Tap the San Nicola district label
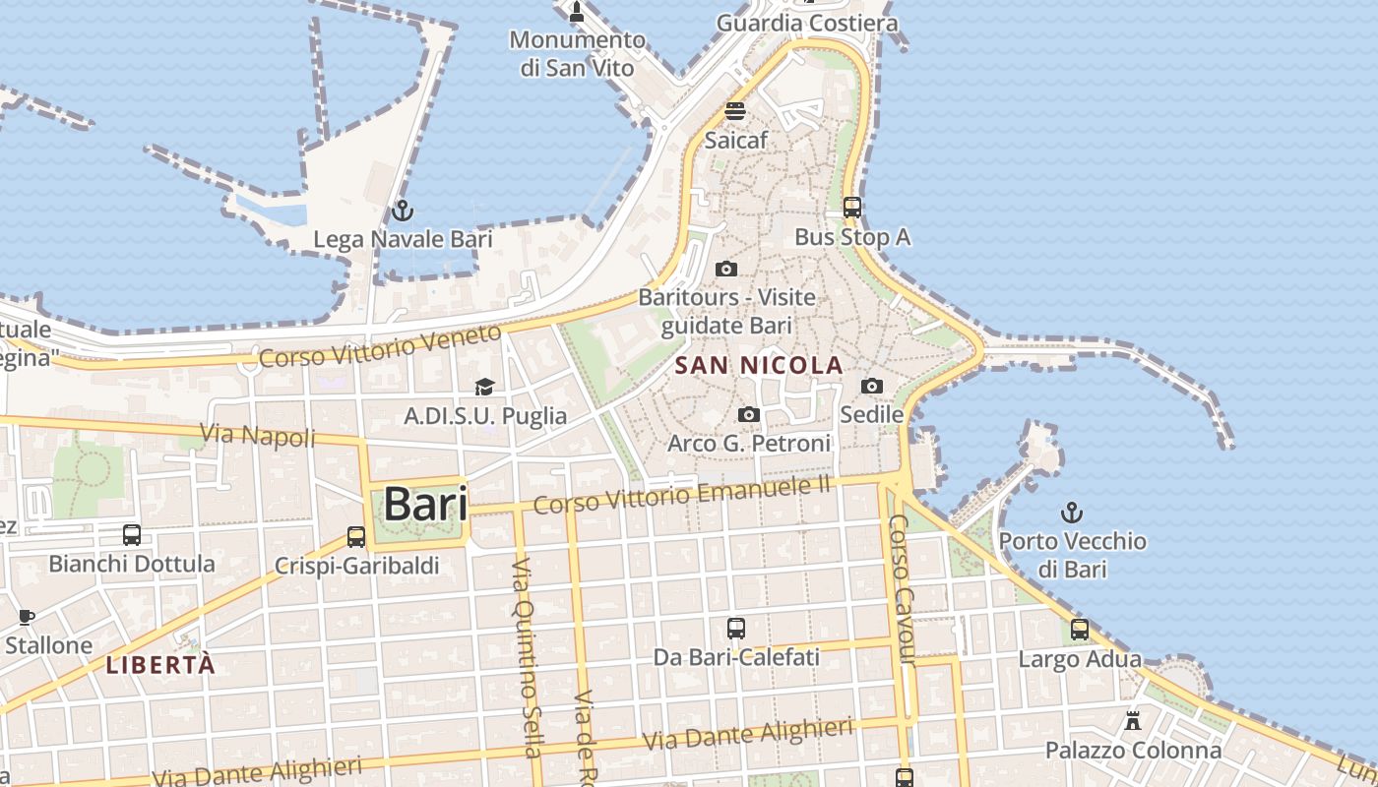point(759,366)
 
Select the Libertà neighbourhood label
point(160,665)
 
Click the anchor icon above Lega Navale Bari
point(402,210)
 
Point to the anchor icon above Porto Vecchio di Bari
point(1072,512)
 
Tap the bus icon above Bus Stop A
point(852,208)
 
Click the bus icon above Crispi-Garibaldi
point(356,537)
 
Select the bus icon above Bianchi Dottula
point(132,535)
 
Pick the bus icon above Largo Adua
point(1080,630)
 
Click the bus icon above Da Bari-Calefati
point(736,628)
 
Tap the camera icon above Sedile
point(872,386)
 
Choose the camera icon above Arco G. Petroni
point(749,414)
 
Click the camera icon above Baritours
point(726,269)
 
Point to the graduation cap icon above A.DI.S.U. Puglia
point(484,387)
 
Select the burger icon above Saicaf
point(735,110)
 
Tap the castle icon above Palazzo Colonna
point(1133,721)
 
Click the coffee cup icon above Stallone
point(27,617)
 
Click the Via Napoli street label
point(258,434)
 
